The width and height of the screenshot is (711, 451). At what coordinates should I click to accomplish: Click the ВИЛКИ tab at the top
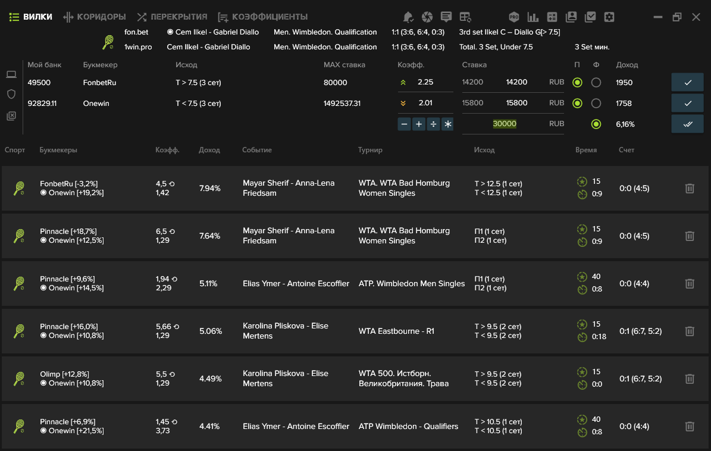[31, 17]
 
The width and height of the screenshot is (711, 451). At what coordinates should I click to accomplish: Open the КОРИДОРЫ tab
[95, 17]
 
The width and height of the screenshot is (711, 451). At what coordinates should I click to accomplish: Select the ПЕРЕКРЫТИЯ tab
[173, 17]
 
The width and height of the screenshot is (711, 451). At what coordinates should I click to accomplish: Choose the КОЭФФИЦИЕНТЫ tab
[263, 17]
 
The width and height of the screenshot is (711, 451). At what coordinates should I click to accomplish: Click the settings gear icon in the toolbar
[609, 17]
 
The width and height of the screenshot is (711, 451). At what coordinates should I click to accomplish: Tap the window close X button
[696, 17]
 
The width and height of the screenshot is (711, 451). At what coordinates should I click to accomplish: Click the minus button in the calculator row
[404, 124]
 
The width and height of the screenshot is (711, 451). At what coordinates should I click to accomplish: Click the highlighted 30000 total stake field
[504, 124]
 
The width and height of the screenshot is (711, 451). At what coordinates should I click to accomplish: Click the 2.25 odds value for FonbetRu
[425, 82]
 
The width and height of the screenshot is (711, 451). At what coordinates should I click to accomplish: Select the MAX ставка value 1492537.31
[342, 104]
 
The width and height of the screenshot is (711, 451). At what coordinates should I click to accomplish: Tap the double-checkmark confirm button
[687, 124]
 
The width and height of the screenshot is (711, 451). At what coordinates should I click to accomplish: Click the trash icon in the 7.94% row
[689, 188]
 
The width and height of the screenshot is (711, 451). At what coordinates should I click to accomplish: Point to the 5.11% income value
[208, 283]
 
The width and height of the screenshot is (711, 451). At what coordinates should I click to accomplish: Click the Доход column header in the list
[209, 150]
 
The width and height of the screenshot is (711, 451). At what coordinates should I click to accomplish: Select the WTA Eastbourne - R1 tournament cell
[396, 331]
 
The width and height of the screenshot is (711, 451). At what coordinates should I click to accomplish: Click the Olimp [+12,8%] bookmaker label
[64, 374]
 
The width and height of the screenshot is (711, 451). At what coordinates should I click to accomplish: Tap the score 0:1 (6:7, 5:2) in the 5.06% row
[640, 331]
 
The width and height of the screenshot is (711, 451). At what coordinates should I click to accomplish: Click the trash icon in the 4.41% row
[689, 426]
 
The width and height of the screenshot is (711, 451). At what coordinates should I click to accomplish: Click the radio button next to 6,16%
[596, 124]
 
